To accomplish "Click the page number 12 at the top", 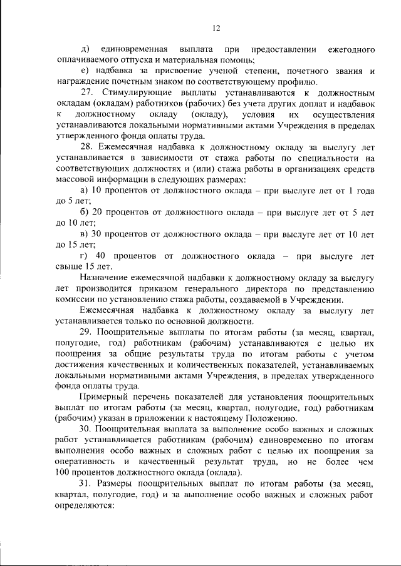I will [x=217, y=28].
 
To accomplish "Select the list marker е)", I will [x=85, y=72].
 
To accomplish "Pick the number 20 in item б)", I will [x=98, y=213].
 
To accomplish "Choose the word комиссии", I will [x=74, y=301].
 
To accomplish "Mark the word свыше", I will [x=68, y=268].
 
